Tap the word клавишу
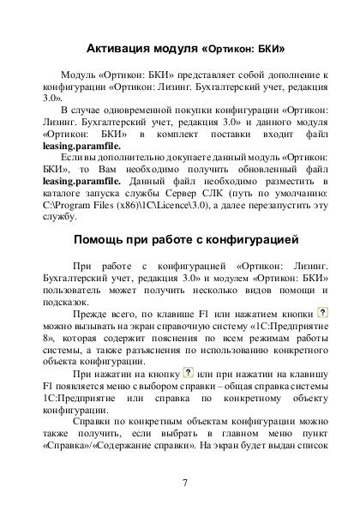[x=305, y=375]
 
